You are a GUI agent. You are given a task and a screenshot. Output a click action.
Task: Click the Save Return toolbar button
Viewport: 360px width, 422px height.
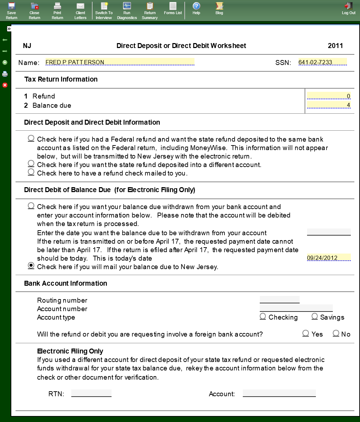(11, 10)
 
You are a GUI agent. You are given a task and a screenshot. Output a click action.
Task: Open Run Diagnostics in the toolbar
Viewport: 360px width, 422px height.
(127, 10)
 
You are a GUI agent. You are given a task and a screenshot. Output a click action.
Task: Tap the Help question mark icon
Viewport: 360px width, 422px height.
(196, 6)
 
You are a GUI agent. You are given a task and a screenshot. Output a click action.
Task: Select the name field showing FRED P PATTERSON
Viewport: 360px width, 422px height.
(120, 62)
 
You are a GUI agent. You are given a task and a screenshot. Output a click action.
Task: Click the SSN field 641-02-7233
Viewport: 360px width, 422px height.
(322, 62)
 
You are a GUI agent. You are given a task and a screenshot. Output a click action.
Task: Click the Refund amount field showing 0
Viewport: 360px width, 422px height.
(329, 96)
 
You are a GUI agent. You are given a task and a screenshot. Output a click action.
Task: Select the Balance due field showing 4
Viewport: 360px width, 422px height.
(329, 105)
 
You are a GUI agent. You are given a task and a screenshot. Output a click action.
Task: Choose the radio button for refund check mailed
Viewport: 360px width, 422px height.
(31, 172)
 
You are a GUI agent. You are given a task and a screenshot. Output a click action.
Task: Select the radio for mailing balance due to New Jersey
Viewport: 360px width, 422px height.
(31, 266)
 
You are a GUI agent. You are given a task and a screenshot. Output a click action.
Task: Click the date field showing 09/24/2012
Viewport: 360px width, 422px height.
(329, 258)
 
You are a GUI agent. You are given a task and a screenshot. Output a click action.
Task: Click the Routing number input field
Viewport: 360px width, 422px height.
(280, 300)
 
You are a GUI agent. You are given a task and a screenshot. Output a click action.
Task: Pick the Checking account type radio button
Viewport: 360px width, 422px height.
(263, 316)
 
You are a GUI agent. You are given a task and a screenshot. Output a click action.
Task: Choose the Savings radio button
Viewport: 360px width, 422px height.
(315, 316)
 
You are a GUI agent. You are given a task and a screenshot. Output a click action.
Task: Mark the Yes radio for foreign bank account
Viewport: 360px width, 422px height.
(306, 333)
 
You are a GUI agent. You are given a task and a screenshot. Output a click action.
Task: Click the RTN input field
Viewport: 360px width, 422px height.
(91, 393)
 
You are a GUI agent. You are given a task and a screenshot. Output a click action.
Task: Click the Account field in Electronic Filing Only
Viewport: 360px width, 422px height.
(279, 393)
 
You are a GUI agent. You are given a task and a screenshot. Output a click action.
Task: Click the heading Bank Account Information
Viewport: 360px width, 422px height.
(66, 283)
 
